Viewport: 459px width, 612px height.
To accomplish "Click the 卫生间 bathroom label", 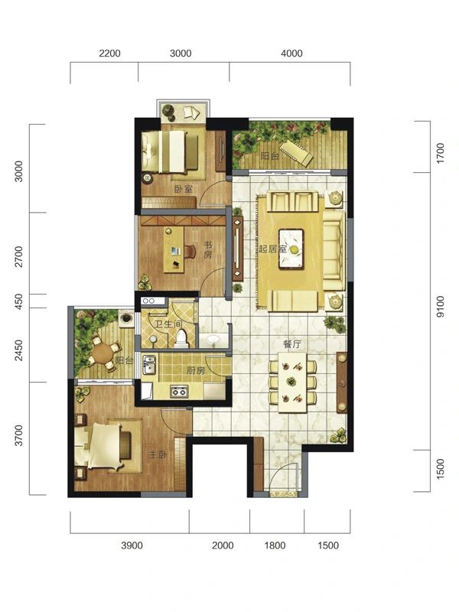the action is click(162, 324).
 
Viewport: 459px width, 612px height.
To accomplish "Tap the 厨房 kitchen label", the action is click(196, 370).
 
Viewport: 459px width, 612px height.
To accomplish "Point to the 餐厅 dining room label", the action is click(292, 344).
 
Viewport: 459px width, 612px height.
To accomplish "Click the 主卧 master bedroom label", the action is click(158, 454).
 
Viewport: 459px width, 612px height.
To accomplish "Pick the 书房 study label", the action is click(208, 250).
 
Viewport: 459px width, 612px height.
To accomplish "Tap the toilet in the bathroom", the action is click(181, 338).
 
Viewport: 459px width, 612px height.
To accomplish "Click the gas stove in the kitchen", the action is click(179, 391).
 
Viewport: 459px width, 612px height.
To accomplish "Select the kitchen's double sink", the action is click(148, 364).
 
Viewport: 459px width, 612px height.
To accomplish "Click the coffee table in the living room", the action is click(291, 249).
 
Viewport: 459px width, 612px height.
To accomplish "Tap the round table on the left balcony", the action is click(102, 353).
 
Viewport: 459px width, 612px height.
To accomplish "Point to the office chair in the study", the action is click(190, 252).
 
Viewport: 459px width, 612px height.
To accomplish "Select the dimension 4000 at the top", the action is click(291, 53).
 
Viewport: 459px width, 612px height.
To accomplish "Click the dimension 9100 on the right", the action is click(441, 307).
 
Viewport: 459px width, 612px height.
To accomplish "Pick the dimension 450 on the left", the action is click(18, 301).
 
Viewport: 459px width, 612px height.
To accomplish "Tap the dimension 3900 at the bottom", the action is click(132, 545).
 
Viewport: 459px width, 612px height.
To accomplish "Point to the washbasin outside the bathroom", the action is click(213, 340).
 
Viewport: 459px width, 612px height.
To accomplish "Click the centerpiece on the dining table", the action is click(291, 381).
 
